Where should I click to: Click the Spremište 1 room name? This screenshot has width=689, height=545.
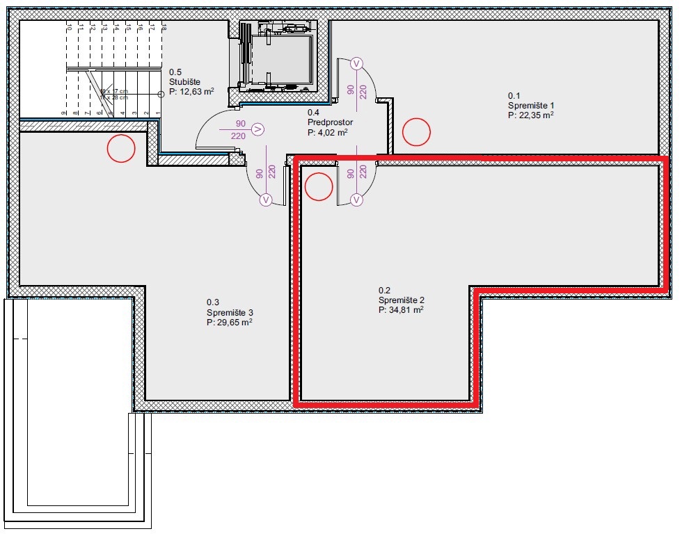(531, 106)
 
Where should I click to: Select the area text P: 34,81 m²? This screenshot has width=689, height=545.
(401, 310)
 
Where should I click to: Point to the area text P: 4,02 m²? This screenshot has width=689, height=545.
(328, 132)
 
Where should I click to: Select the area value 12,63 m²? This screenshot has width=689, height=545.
(196, 90)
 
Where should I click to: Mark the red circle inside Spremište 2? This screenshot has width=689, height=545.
(320, 186)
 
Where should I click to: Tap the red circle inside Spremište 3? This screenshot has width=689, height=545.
(120, 148)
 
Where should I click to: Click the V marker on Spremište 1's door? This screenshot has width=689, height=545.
(357, 63)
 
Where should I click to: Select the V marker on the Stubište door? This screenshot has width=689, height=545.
(258, 129)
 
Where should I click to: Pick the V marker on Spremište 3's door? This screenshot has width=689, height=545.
(265, 200)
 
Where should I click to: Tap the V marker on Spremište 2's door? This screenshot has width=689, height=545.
(357, 200)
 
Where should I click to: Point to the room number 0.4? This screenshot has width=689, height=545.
(314, 113)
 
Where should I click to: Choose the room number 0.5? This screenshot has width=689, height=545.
(175, 72)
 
